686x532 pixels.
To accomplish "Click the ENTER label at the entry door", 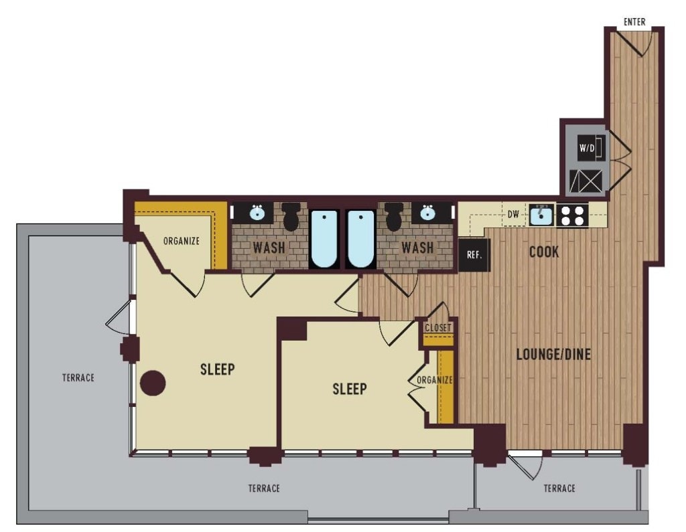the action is tap(634, 22).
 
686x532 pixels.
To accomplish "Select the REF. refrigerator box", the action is tap(474, 254).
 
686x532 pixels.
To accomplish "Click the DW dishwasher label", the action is tap(513, 215).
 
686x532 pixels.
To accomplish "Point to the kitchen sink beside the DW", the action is tap(541, 215).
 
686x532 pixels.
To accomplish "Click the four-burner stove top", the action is tap(573, 215).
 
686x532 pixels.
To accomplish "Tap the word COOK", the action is tap(544, 252).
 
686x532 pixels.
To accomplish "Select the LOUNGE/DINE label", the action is tap(553, 354).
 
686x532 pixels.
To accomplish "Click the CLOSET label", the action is tap(438, 328).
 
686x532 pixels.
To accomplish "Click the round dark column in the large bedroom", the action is tap(153, 383).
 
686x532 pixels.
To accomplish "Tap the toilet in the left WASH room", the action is tap(291, 216).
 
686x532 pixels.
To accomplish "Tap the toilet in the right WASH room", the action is tap(395, 216).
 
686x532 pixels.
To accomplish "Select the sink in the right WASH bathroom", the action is tap(427, 213).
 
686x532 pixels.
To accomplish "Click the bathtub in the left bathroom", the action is tap(324, 240).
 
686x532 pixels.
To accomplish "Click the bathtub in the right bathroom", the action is tap(360, 240).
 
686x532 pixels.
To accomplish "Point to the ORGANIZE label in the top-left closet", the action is tap(181, 241).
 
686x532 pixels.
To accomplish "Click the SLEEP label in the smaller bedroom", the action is tap(350, 389).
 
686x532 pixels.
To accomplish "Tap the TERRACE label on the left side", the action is tap(78, 377).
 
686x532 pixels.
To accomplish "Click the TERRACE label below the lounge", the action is tap(559, 488).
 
